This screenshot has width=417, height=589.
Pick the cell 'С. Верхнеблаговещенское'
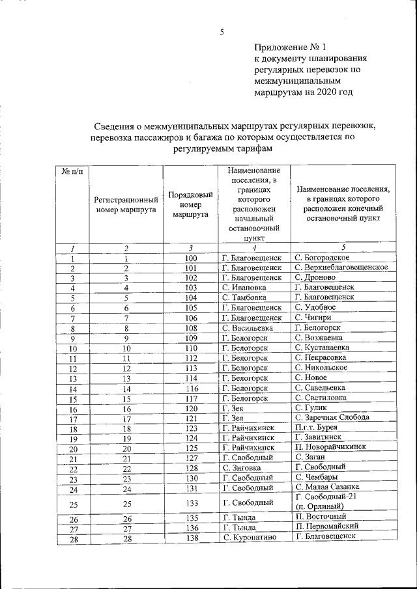[341, 267]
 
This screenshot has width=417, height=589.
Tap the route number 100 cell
[191, 258]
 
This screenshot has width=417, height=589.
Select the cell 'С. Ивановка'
[246, 287]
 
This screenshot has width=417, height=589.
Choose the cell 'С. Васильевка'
[250, 328]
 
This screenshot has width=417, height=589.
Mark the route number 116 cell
[191, 388]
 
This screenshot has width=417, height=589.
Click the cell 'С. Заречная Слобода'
[332, 417]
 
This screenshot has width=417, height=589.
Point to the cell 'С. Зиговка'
[244, 468]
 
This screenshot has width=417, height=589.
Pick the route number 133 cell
[191, 503]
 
